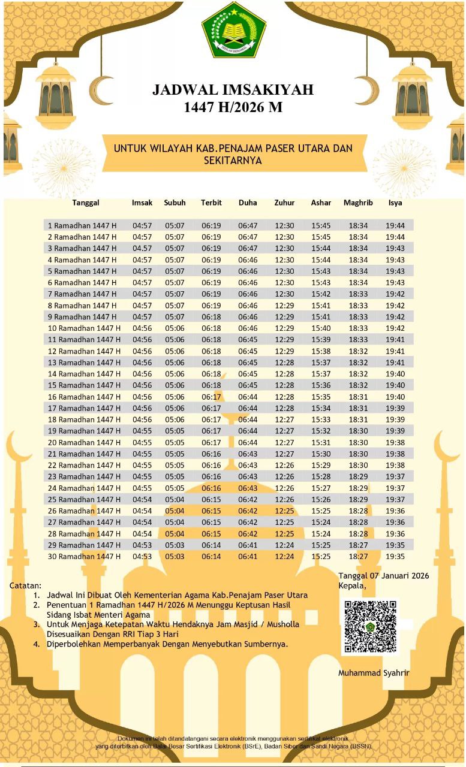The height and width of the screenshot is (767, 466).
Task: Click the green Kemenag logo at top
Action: (233, 30)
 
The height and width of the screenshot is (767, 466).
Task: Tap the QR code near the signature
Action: (370, 626)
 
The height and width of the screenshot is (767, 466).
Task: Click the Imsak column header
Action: (142, 203)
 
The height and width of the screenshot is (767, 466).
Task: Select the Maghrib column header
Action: (358, 203)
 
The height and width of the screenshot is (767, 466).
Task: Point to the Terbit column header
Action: (211, 203)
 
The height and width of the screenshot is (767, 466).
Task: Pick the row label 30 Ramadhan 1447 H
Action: (84, 557)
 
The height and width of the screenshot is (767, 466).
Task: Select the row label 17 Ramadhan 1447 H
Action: (84, 408)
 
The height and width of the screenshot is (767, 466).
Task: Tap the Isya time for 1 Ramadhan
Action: (395, 226)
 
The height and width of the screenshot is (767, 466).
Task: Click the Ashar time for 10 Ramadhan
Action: (321, 328)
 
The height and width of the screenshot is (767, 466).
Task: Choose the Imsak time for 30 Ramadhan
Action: (142, 557)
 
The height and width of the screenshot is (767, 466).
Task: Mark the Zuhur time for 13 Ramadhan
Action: (284, 363)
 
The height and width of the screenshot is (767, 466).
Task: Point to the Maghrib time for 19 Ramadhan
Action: (358, 431)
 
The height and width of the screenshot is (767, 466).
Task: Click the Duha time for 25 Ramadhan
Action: (248, 499)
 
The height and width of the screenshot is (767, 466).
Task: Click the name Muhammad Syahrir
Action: (374, 673)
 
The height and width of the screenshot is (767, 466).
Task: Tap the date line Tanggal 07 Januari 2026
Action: (384, 576)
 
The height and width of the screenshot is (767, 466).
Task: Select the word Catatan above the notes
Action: (26, 585)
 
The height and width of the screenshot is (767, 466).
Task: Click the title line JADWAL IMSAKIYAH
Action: (233, 90)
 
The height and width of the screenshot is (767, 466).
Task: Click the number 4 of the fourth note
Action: (37, 644)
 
